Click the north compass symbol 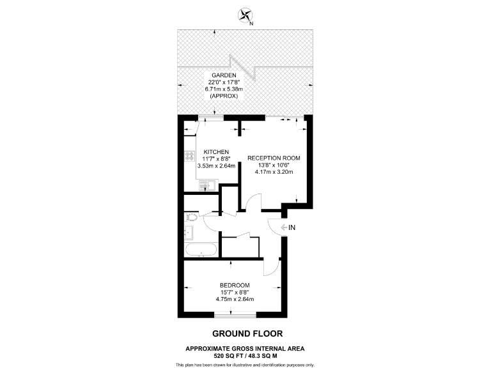[245, 14]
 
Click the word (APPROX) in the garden [221, 96]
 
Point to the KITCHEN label [216, 151]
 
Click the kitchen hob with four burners [190, 157]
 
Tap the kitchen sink [207, 185]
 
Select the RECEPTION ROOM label [274, 157]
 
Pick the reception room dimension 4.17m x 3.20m [274, 171]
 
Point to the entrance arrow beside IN [282, 227]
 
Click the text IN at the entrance [292, 227]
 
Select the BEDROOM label [235, 285]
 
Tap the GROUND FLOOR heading [245, 333]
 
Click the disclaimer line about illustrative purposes [245, 364]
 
